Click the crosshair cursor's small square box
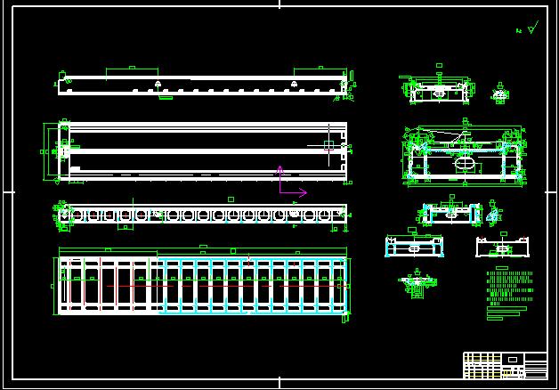328,143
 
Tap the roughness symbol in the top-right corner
531,28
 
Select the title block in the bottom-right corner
505,365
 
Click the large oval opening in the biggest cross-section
466,164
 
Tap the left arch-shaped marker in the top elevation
158,85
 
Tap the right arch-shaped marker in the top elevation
293,85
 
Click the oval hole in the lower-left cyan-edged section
414,249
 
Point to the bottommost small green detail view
417,283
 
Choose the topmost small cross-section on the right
439,91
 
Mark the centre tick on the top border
279,4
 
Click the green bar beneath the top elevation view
166,98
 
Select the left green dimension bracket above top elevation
131,69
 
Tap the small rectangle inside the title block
512,359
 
